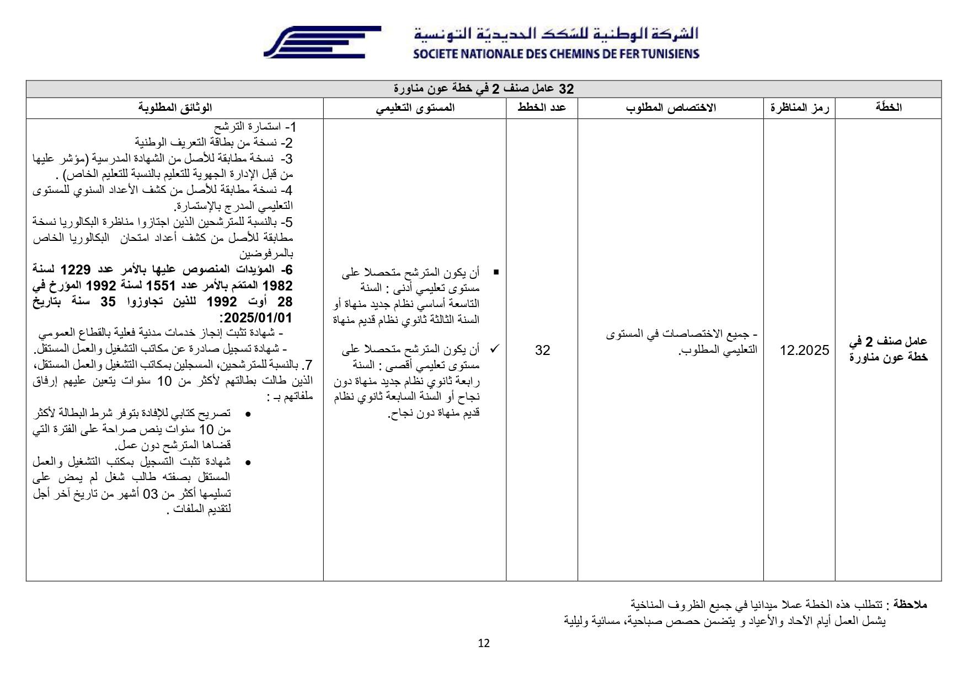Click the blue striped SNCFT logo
click(322, 42)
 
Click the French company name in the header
click(556, 54)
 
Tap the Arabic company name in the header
click(556, 34)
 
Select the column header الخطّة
click(888, 107)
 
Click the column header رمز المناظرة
click(799, 107)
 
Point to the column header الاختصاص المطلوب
click(671, 107)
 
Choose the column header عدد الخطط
click(542, 107)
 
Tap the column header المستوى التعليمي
click(415, 107)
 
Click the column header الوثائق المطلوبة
click(175, 107)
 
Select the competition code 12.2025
click(804, 351)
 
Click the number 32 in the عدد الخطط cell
click(542, 351)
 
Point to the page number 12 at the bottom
click(484, 643)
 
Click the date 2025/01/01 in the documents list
click(256, 318)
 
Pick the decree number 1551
click(160, 286)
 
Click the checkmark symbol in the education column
click(495, 349)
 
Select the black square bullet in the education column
click(496, 272)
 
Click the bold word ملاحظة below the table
click(911, 605)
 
